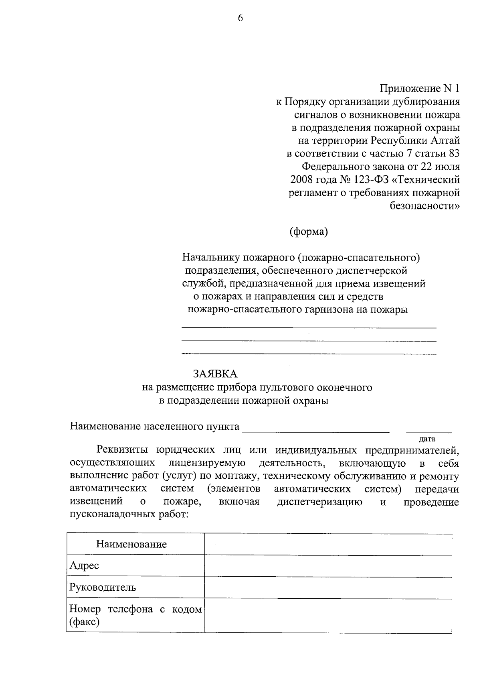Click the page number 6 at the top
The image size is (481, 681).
coord(240,18)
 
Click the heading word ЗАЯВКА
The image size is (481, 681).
coord(215,374)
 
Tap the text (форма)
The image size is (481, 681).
coord(309,232)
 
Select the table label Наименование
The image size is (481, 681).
coord(131,544)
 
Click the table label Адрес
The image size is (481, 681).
coord(84,565)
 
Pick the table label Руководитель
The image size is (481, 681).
coord(103,587)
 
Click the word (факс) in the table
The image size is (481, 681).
coord(84,622)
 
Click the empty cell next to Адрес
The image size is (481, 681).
coord(328,566)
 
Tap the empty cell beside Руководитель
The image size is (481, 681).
coord(328,587)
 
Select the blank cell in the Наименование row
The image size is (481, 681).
coord(328,544)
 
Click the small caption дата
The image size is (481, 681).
coord(427,439)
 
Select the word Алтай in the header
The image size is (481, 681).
coord(445,140)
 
